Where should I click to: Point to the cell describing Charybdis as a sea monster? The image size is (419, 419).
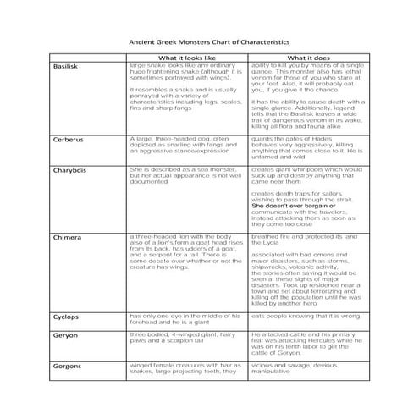pos(180,174)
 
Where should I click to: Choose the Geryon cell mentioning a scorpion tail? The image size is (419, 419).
pos(179,339)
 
